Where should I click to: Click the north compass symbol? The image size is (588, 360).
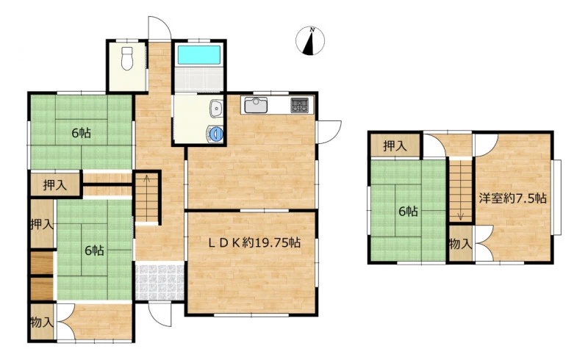click(310, 41)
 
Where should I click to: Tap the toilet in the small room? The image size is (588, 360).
click(127, 59)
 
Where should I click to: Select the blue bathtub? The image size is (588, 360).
click(198, 55)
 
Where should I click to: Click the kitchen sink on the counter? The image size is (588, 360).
click(256, 105)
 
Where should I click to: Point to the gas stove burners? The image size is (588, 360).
click(300, 105)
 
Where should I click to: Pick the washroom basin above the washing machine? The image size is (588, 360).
click(216, 109)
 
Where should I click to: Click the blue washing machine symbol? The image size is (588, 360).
click(215, 134)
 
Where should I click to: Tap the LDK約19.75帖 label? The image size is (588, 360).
click(254, 243)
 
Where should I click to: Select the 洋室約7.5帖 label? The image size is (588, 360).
click(512, 198)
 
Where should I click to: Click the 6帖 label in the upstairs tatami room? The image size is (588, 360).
click(408, 212)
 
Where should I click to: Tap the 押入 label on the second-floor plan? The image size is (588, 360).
click(395, 146)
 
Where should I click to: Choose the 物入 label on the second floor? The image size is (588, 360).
click(460, 244)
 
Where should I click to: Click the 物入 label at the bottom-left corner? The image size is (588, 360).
click(42, 322)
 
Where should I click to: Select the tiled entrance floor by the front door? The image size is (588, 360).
click(159, 283)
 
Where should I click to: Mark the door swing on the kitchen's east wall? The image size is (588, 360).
click(329, 132)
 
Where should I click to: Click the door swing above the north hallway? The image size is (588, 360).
click(159, 28)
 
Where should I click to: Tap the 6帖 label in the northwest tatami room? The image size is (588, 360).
click(81, 133)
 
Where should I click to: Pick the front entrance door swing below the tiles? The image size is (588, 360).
click(160, 314)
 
